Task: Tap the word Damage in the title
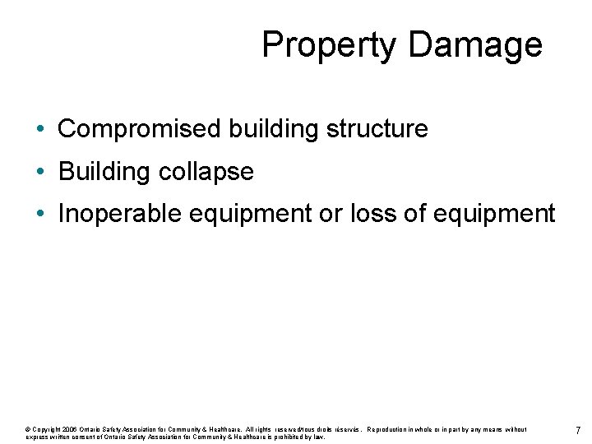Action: point(474,44)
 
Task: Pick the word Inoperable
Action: point(121,214)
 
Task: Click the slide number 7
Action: point(578,432)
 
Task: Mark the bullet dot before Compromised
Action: point(40,130)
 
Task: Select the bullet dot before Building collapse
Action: point(40,173)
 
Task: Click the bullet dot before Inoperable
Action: point(40,215)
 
